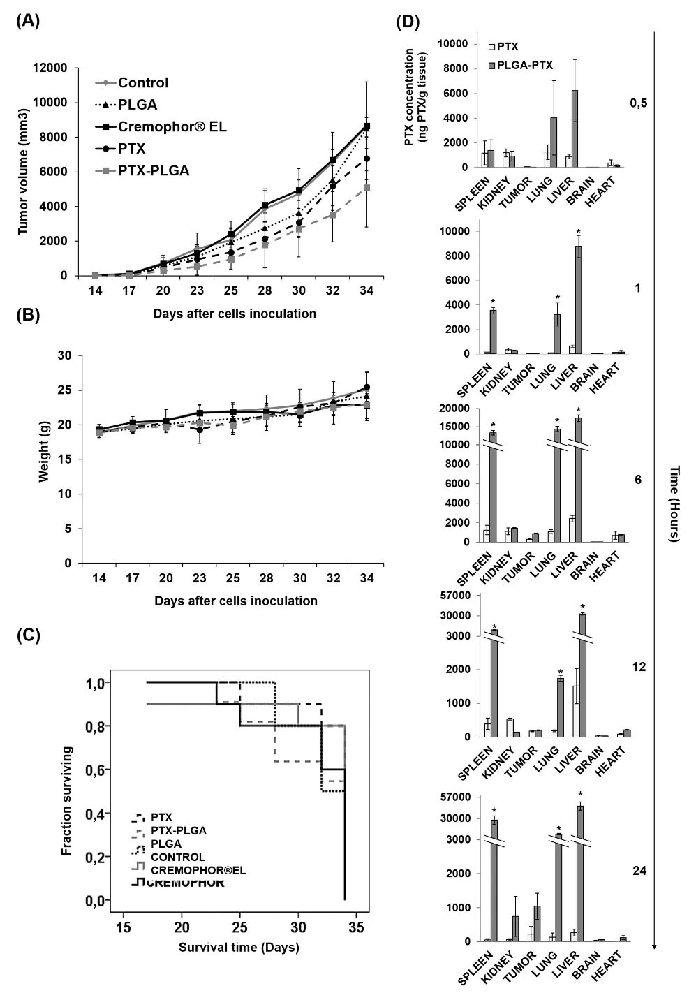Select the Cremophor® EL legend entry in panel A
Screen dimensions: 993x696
(x=172, y=126)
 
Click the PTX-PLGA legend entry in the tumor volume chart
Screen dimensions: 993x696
(x=153, y=170)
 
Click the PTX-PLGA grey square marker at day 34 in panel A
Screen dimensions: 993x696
(x=367, y=187)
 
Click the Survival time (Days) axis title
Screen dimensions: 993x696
(x=239, y=948)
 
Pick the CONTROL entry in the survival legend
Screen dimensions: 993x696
(x=178, y=857)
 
